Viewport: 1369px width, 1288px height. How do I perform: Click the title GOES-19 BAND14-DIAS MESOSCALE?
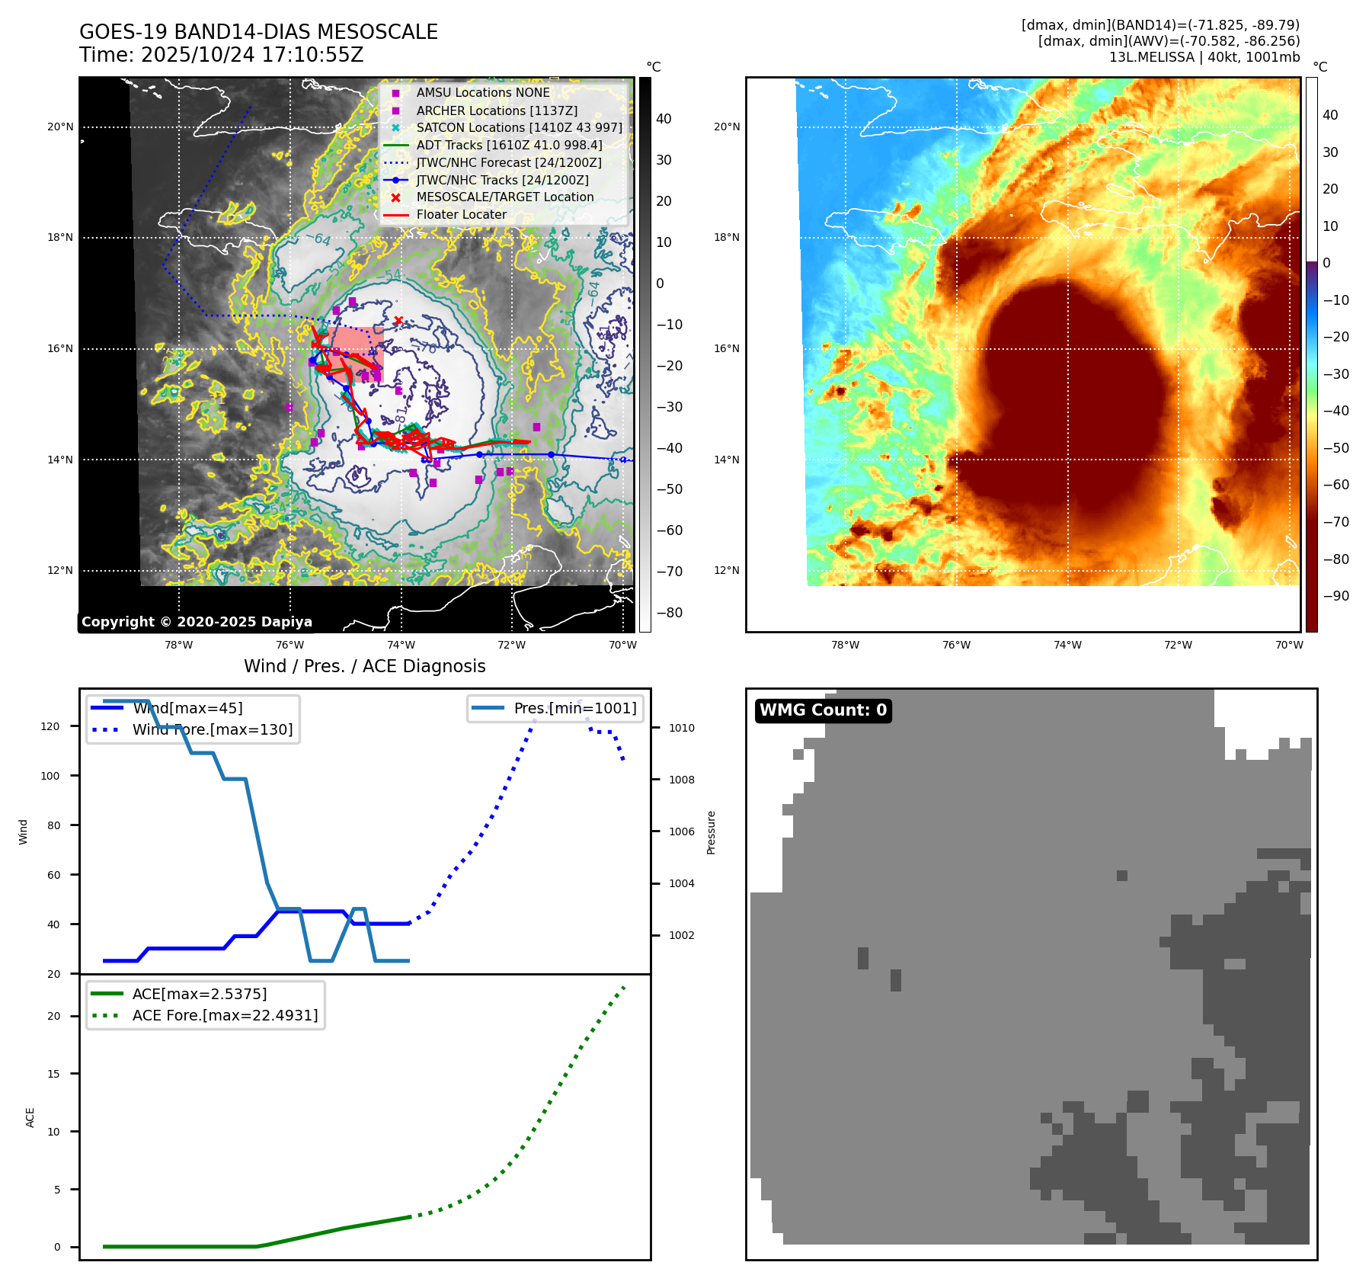[x=258, y=32]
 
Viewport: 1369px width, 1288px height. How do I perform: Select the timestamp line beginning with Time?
[x=221, y=55]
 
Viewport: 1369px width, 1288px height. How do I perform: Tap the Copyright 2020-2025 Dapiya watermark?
[x=197, y=622]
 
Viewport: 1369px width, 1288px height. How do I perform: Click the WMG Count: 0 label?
[x=823, y=710]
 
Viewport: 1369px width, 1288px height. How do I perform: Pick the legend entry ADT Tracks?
[x=508, y=145]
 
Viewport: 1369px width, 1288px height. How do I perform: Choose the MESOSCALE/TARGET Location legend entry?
[x=504, y=197]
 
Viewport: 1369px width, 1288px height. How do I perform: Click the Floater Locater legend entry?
[x=461, y=214]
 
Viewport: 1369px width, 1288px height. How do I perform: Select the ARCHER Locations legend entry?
[x=497, y=111]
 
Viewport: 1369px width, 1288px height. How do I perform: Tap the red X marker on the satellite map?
[x=398, y=320]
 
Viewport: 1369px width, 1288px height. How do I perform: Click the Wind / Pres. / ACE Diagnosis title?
[x=364, y=666]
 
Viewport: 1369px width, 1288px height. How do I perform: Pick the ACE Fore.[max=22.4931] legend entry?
[x=225, y=1015]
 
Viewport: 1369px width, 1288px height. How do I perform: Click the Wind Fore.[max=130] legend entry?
[x=212, y=729]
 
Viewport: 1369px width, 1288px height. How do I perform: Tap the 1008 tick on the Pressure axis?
[x=681, y=780]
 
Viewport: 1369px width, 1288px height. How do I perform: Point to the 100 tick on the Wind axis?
[x=50, y=776]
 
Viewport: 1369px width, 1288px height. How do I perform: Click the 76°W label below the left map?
[x=289, y=645]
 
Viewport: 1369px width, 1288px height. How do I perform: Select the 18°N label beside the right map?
[x=726, y=237]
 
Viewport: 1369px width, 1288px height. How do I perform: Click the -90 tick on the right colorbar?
[x=1335, y=596]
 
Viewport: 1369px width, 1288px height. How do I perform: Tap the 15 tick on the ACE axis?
[x=53, y=1074]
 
